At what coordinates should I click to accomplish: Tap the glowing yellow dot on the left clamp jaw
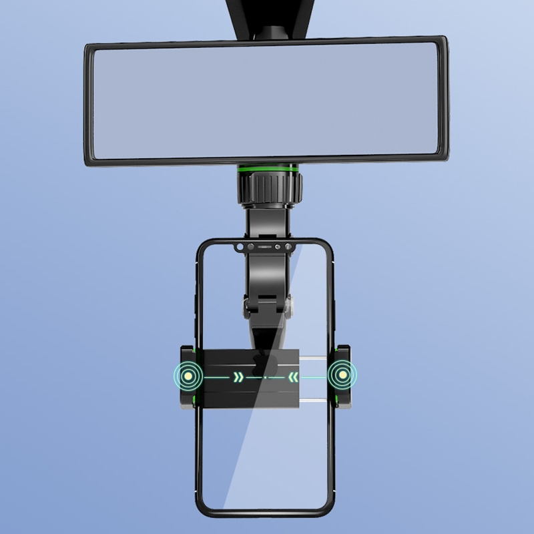point(190,377)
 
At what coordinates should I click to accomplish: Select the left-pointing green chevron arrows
point(294,378)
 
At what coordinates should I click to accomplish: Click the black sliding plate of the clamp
point(220,397)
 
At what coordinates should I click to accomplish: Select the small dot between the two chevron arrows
point(266,378)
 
